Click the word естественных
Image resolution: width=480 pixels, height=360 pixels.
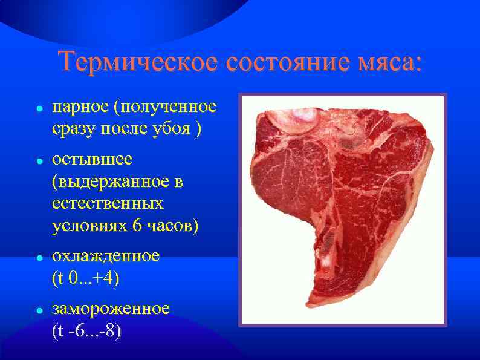coord(108,203)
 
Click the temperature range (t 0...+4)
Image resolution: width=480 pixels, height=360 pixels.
coord(86,278)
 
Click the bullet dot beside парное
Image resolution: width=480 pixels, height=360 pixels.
coord(38,110)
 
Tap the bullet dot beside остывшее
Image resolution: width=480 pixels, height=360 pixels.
coord(38,162)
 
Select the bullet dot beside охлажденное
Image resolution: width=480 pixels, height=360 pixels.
coord(38,258)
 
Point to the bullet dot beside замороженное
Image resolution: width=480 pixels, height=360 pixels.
coord(38,310)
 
